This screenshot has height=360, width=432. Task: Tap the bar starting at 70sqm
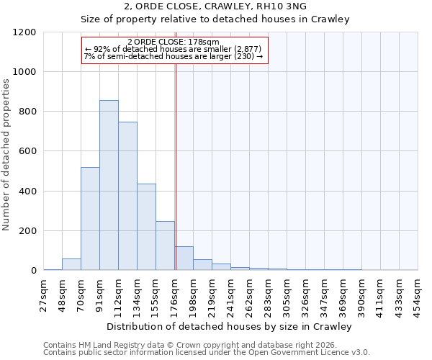90,219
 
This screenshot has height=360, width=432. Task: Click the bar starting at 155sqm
165,246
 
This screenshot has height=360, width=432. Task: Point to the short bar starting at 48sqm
71,264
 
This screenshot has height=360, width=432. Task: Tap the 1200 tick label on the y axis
24,32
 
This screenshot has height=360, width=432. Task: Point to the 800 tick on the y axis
27,112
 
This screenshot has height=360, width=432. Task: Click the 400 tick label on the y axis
27,192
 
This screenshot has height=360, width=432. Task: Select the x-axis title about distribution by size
230,327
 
